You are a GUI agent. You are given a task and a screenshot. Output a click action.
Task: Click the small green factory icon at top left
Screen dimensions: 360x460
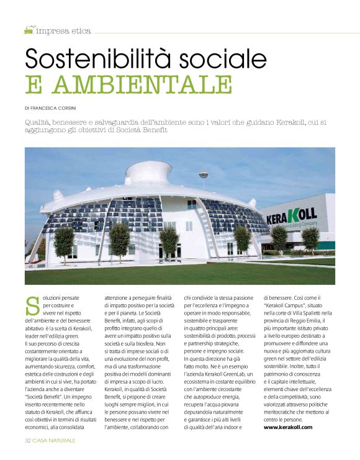pos(28,29)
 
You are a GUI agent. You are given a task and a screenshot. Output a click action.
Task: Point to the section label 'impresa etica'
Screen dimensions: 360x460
pos(63,30)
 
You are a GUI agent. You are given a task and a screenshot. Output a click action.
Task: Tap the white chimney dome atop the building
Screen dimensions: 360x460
pos(148,171)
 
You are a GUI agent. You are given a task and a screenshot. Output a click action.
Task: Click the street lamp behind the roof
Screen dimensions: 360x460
pos(202,176)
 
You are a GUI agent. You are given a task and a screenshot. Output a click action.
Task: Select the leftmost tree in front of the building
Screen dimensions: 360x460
pos(64,238)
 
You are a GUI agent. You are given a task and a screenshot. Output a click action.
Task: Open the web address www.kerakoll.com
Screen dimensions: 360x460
pos(288,426)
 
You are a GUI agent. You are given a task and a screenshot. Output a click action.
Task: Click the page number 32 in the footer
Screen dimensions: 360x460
pos(28,440)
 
